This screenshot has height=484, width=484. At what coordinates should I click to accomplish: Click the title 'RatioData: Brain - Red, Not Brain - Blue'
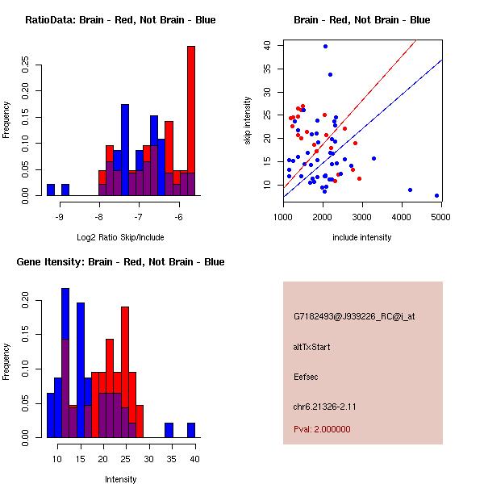click(x=120, y=20)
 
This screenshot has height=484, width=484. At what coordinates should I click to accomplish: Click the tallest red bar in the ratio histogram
click(x=191, y=121)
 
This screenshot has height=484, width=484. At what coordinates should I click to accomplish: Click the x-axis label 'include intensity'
click(x=362, y=238)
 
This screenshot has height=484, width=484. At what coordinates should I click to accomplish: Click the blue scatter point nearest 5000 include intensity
click(x=436, y=195)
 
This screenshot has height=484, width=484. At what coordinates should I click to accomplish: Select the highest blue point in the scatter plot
click(x=325, y=46)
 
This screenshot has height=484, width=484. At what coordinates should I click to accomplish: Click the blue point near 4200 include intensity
click(x=410, y=190)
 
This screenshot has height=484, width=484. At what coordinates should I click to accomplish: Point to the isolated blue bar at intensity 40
click(x=191, y=430)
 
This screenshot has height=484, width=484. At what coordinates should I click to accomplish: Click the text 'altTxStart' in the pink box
click(x=311, y=347)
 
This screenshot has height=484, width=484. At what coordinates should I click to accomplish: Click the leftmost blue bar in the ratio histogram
click(x=51, y=190)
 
